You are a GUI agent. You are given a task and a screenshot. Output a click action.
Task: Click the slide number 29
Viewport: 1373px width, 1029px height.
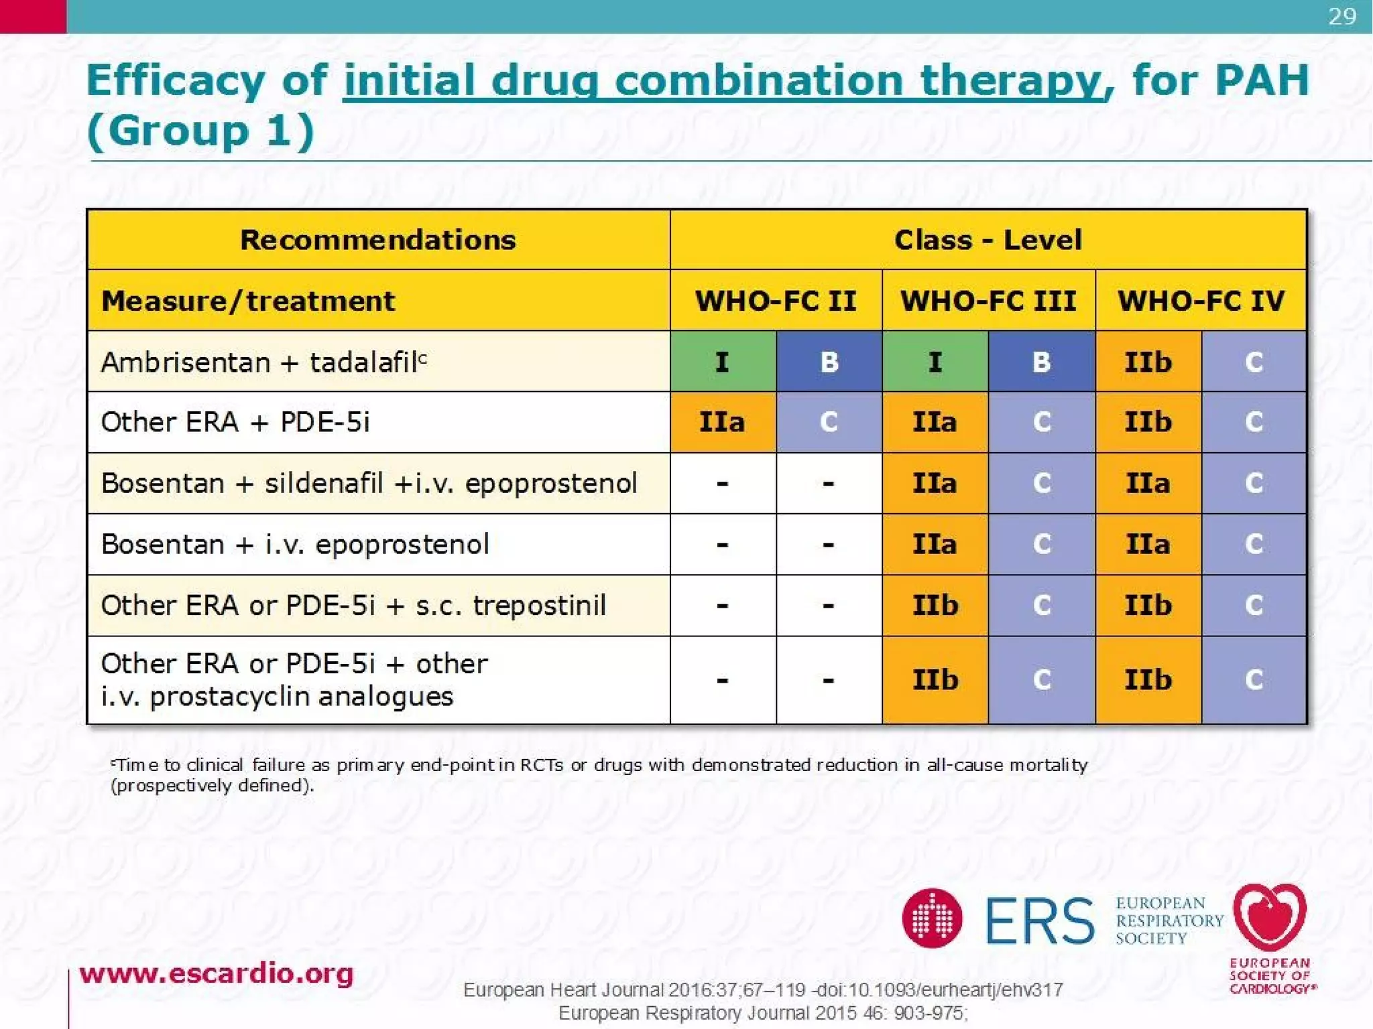1341,16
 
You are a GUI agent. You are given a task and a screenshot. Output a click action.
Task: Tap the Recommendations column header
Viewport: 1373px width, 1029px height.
378,240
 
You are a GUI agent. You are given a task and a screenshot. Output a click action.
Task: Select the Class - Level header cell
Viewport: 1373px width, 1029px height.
988,240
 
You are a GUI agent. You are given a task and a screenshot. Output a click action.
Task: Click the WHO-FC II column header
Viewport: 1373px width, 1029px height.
776,301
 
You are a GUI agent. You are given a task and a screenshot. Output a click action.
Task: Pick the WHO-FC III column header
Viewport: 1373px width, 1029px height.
988,301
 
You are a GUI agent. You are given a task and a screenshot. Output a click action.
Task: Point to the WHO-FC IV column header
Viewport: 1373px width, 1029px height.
1201,301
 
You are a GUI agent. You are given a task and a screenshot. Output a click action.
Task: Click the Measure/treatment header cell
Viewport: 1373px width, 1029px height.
248,301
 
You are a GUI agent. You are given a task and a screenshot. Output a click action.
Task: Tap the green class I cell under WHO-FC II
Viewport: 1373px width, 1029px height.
723,362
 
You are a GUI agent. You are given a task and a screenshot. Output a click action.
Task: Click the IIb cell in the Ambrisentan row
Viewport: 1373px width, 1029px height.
1148,362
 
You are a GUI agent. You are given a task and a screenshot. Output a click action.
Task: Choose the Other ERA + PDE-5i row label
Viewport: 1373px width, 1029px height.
235,422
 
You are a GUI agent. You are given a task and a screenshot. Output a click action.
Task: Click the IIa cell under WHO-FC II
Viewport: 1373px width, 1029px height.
723,422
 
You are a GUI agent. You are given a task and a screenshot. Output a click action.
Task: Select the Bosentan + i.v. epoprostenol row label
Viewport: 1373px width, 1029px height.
295,544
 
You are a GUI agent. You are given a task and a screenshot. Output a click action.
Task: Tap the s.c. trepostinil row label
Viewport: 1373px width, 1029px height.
353,605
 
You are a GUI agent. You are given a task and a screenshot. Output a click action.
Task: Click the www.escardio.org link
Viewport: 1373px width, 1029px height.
216,973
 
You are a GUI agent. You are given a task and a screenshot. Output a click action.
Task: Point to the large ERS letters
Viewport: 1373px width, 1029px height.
1039,920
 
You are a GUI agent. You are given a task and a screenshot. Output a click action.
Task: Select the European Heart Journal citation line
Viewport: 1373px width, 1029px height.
763,989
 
